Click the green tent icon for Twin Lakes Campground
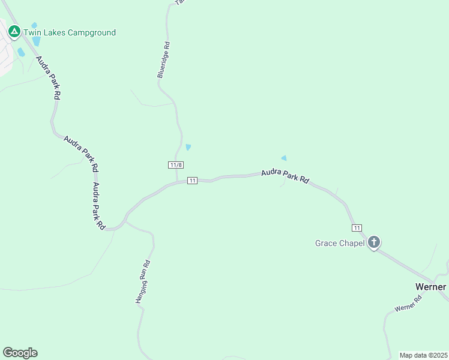(x=14, y=31)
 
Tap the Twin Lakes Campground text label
(x=70, y=33)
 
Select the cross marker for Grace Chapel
(x=374, y=242)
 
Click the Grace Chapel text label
(x=340, y=243)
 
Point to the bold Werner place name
(x=430, y=287)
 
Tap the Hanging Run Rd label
(x=142, y=283)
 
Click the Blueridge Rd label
(x=164, y=60)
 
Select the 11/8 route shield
(x=175, y=165)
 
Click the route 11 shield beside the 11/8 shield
(x=192, y=181)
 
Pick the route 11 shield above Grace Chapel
(x=357, y=227)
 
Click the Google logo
(x=20, y=353)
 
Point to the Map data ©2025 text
(x=423, y=355)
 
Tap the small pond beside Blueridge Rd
(x=188, y=147)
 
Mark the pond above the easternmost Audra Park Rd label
(x=284, y=158)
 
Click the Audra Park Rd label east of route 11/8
(x=285, y=176)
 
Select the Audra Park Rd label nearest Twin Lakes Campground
(x=49, y=77)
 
